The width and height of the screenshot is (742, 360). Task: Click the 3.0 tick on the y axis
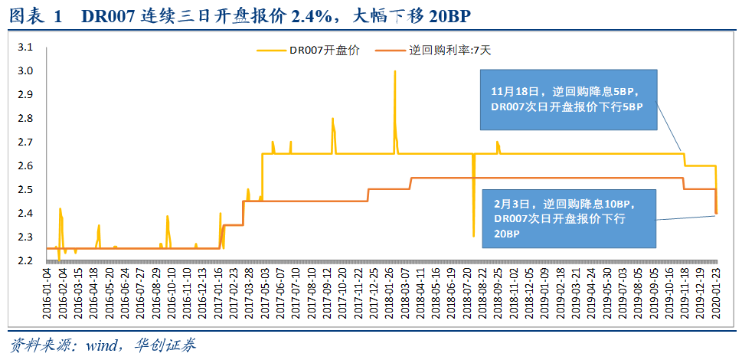coord(25,71)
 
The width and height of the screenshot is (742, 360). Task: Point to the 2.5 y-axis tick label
coord(25,190)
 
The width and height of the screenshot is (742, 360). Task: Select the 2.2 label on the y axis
coord(25,261)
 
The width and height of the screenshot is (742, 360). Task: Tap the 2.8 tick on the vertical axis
coord(25,119)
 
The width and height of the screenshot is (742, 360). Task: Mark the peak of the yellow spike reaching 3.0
coord(394,71)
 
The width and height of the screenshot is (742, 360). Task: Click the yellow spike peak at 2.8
coord(332,119)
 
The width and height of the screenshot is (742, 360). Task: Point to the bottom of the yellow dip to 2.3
coord(473,236)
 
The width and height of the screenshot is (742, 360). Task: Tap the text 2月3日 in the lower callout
coord(512,205)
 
